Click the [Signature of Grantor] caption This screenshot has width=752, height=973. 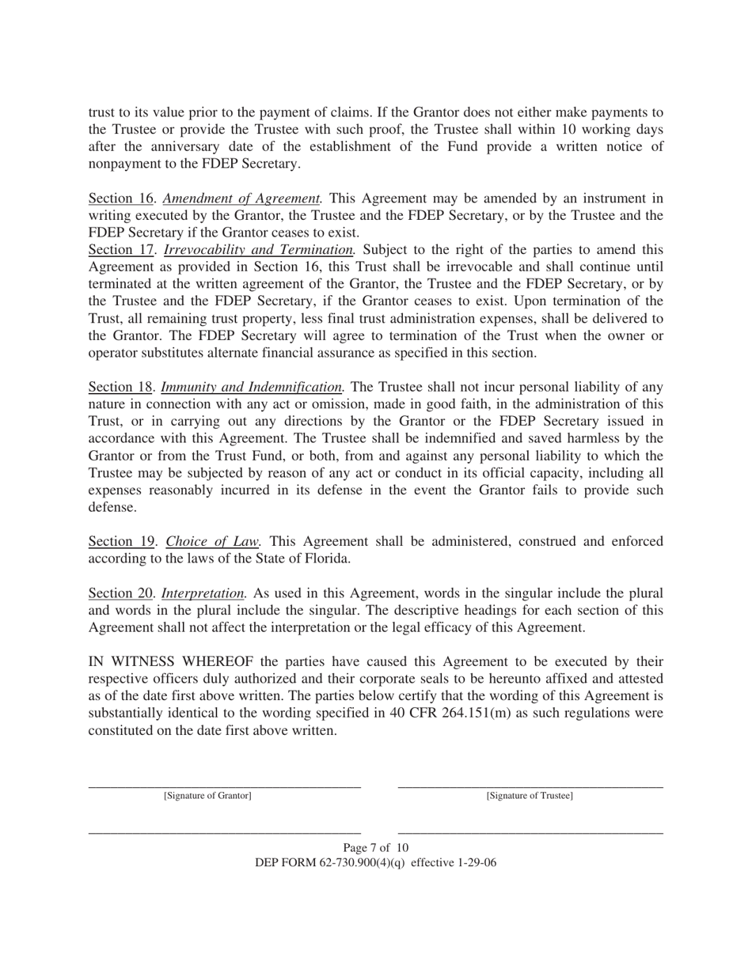(x=207, y=796)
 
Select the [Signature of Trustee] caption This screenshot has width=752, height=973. (x=530, y=796)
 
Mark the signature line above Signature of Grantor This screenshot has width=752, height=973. (x=224, y=787)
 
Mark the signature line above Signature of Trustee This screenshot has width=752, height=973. (x=530, y=787)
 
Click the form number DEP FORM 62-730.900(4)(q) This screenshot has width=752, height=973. (x=331, y=863)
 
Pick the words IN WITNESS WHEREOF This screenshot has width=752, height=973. (x=170, y=661)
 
